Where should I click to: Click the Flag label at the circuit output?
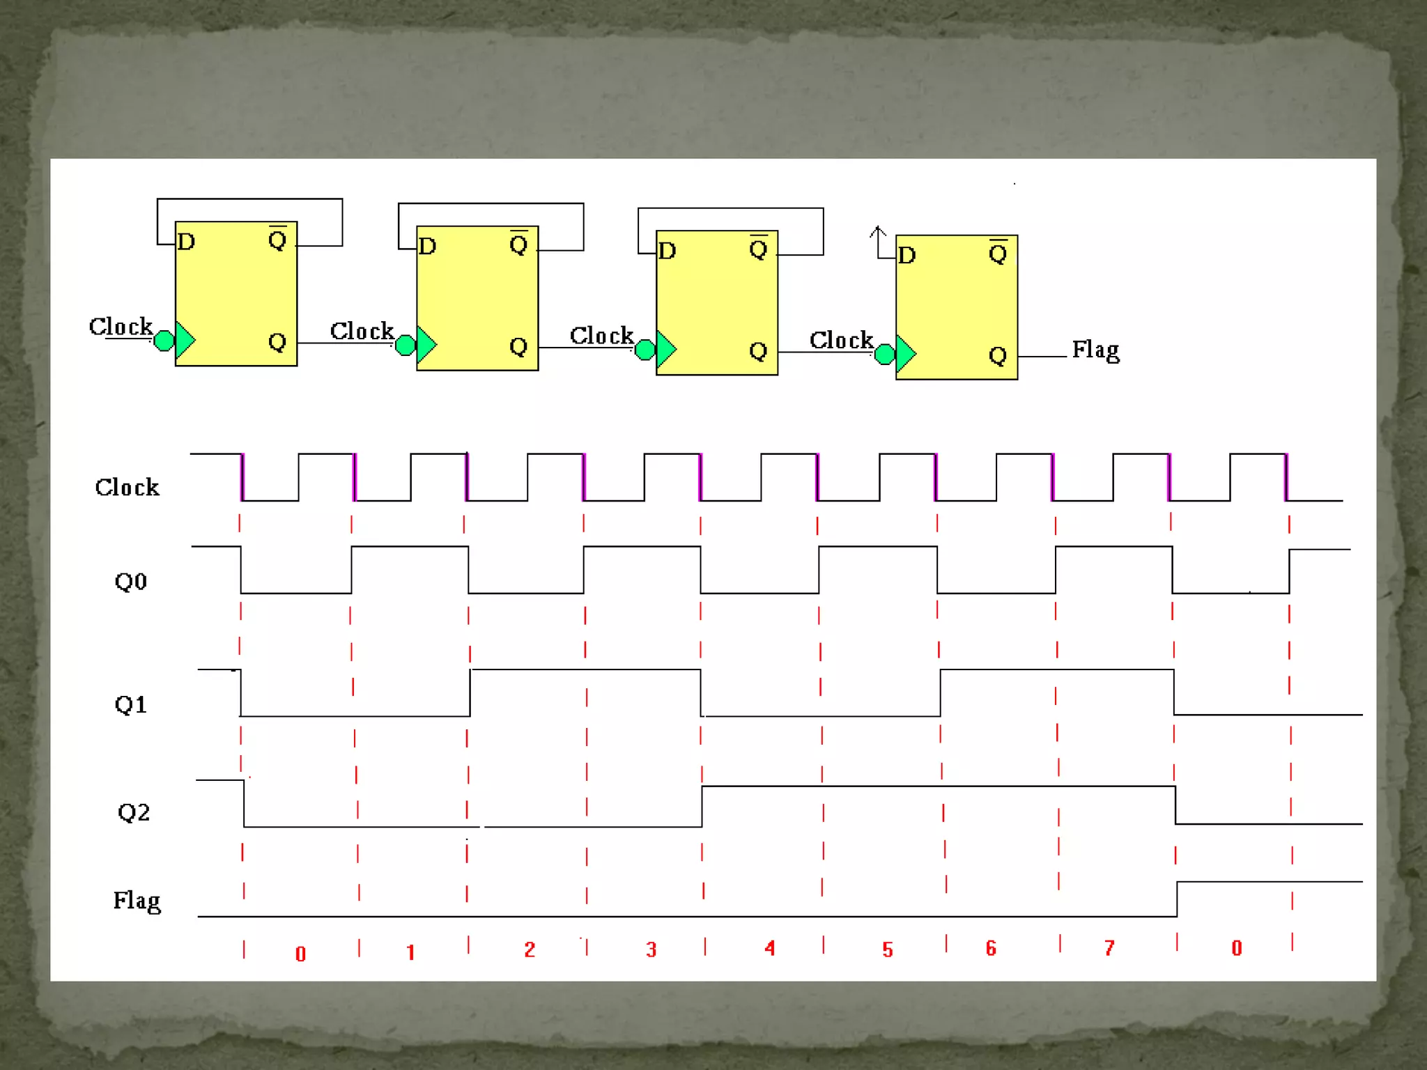1095,350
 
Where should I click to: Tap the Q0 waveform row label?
130,581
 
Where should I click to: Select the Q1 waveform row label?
130,704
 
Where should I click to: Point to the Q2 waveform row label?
133,812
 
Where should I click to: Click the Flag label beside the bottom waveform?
137,901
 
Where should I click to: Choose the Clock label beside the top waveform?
127,487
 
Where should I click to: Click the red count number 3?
651,949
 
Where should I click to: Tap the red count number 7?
1109,948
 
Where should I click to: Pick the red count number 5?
887,949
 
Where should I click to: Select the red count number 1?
410,952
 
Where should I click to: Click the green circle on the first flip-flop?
164,341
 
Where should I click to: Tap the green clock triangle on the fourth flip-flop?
905,354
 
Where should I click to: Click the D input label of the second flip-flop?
427,246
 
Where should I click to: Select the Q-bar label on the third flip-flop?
758,248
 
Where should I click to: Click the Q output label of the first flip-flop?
277,341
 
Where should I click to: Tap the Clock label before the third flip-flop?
601,336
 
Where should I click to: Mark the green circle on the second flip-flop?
405,345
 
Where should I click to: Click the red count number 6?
991,948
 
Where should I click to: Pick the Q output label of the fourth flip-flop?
998,355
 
